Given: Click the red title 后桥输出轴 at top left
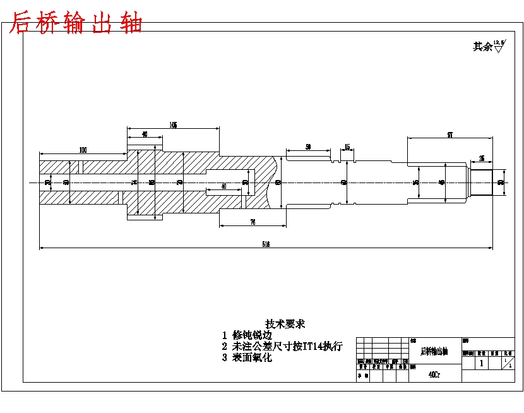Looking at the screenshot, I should pyautogui.click(x=76, y=23).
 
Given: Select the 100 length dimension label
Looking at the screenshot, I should pyautogui.click(x=83, y=150).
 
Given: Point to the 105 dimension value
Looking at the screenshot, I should pyautogui.click(x=173, y=125).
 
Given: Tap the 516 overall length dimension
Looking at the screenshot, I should pyautogui.click(x=266, y=244).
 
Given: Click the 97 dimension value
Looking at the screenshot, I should pyautogui.click(x=450, y=135).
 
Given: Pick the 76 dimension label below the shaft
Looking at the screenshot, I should pyautogui.click(x=252, y=222).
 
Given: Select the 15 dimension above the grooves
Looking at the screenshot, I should pyautogui.click(x=347, y=147).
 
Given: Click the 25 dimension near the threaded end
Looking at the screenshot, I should pyautogui.click(x=482, y=158).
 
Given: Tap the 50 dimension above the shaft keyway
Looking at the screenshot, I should pyautogui.click(x=308, y=147).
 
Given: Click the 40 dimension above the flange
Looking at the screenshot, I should pyautogui.click(x=145, y=135).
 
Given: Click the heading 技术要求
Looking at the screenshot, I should pyautogui.click(x=285, y=324).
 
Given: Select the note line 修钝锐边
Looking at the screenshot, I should pyautogui.click(x=252, y=335).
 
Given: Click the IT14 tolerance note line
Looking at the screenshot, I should pyautogui.click(x=287, y=346).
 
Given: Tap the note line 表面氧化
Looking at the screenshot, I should pyautogui.click(x=252, y=357).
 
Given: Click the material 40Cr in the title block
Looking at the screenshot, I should pyautogui.click(x=434, y=374).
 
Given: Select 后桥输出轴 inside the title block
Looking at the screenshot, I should pyautogui.click(x=434, y=351).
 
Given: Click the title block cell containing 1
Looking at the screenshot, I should pyautogui.click(x=482, y=363).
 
